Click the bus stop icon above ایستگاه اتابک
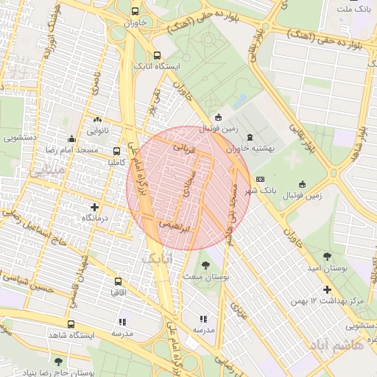coord(156,55)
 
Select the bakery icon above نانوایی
coord(98,119)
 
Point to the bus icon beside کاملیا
coord(117,152)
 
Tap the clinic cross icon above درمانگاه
coord(94,207)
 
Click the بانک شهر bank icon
coord(260,180)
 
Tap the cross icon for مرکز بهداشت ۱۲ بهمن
coord(327,289)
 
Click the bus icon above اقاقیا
coord(118,281)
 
